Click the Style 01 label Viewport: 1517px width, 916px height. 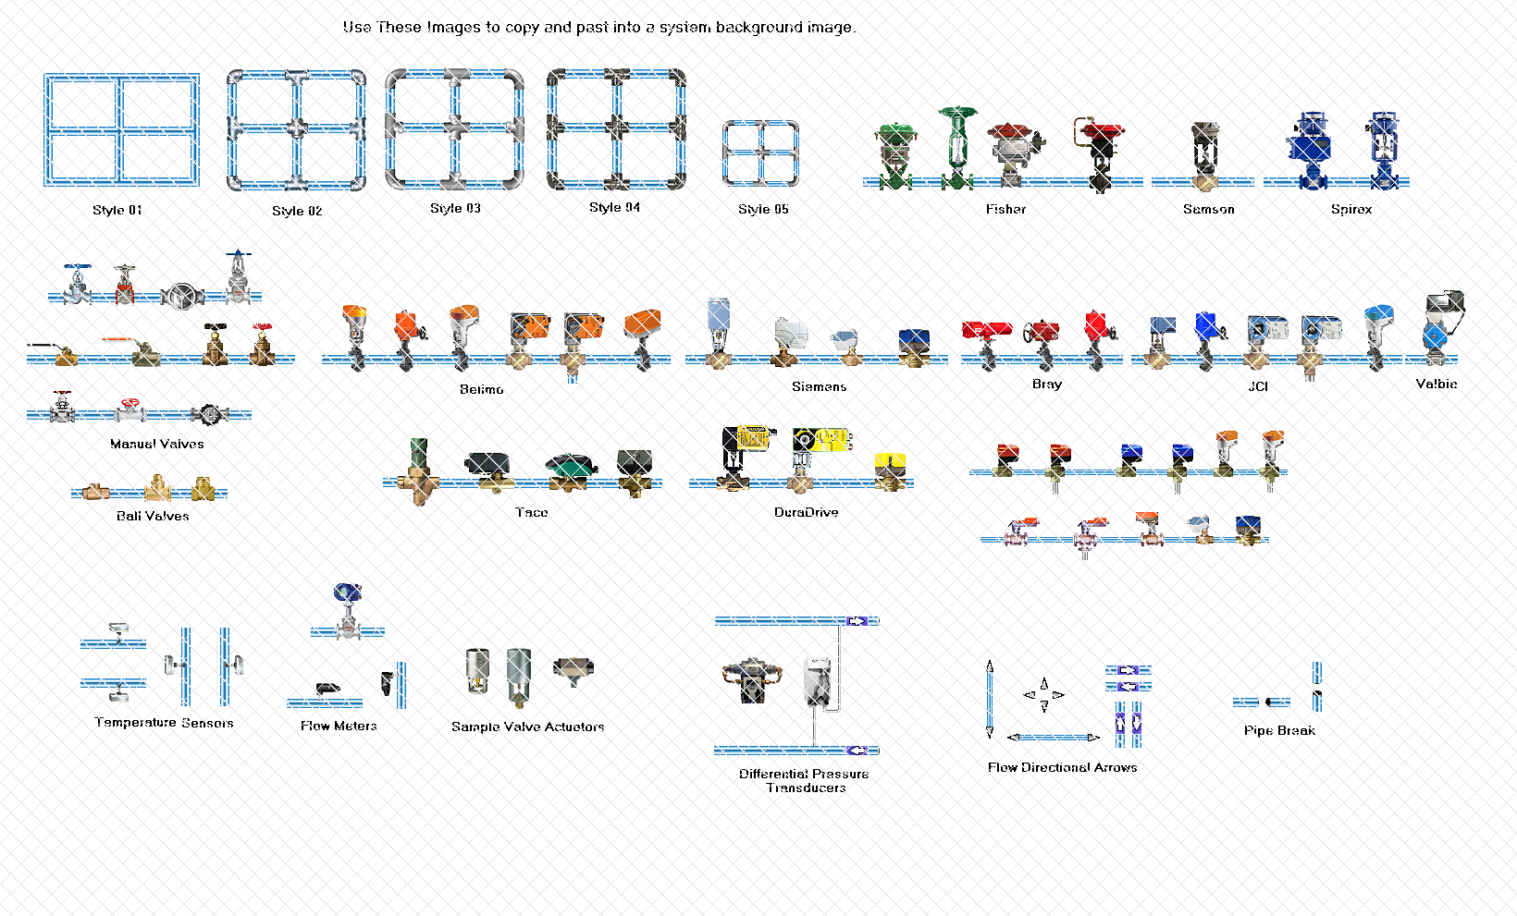coord(117,210)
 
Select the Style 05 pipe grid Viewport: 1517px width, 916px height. coord(760,153)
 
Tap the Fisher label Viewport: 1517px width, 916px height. coord(1005,209)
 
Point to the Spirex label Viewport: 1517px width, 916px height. coord(1351,209)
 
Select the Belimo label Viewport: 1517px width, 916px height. coord(482,389)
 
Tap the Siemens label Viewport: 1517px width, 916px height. coord(819,386)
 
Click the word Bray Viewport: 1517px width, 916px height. coord(1046,384)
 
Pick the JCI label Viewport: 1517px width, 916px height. coord(1258,386)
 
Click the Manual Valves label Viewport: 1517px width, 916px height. coord(156,444)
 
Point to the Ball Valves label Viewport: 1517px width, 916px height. coord(153,516)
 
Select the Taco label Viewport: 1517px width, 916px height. coord(531,512)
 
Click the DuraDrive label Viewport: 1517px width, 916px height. coord(806,512)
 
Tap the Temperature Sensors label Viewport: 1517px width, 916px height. coord(164,723)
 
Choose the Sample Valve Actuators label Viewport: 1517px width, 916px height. coord(527,727)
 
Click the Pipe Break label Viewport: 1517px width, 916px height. coord(1279,730)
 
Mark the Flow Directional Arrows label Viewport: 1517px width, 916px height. coord(1062,767)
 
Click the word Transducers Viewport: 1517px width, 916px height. coord(806,788)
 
